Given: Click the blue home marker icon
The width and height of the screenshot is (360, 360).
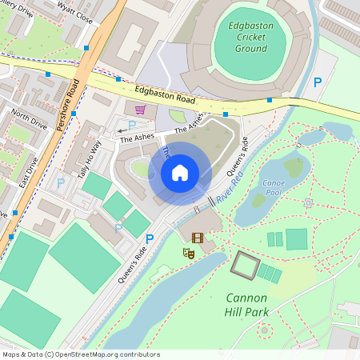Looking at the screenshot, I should click(x=180, y=172).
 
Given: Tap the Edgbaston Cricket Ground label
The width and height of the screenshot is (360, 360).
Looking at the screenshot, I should click(x=251, y=36).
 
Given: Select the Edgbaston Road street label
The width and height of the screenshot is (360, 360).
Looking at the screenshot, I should click(x=165, y=95).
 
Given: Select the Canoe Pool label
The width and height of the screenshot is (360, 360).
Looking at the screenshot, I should click(x=274, y=187).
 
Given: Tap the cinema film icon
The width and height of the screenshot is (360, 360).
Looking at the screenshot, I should click(x=197, y=237).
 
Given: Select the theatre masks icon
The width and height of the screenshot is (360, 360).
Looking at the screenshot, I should click(x=190, y=253).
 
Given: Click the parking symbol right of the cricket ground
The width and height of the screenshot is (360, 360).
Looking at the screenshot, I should click(x=318, y=82).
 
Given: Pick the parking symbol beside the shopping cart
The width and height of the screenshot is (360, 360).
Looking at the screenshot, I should click(x=131, y=126).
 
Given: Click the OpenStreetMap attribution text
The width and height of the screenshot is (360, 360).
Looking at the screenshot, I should click(x=80, y=354).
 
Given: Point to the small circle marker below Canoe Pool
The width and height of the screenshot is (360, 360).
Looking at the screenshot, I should click(x=308, y=202).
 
